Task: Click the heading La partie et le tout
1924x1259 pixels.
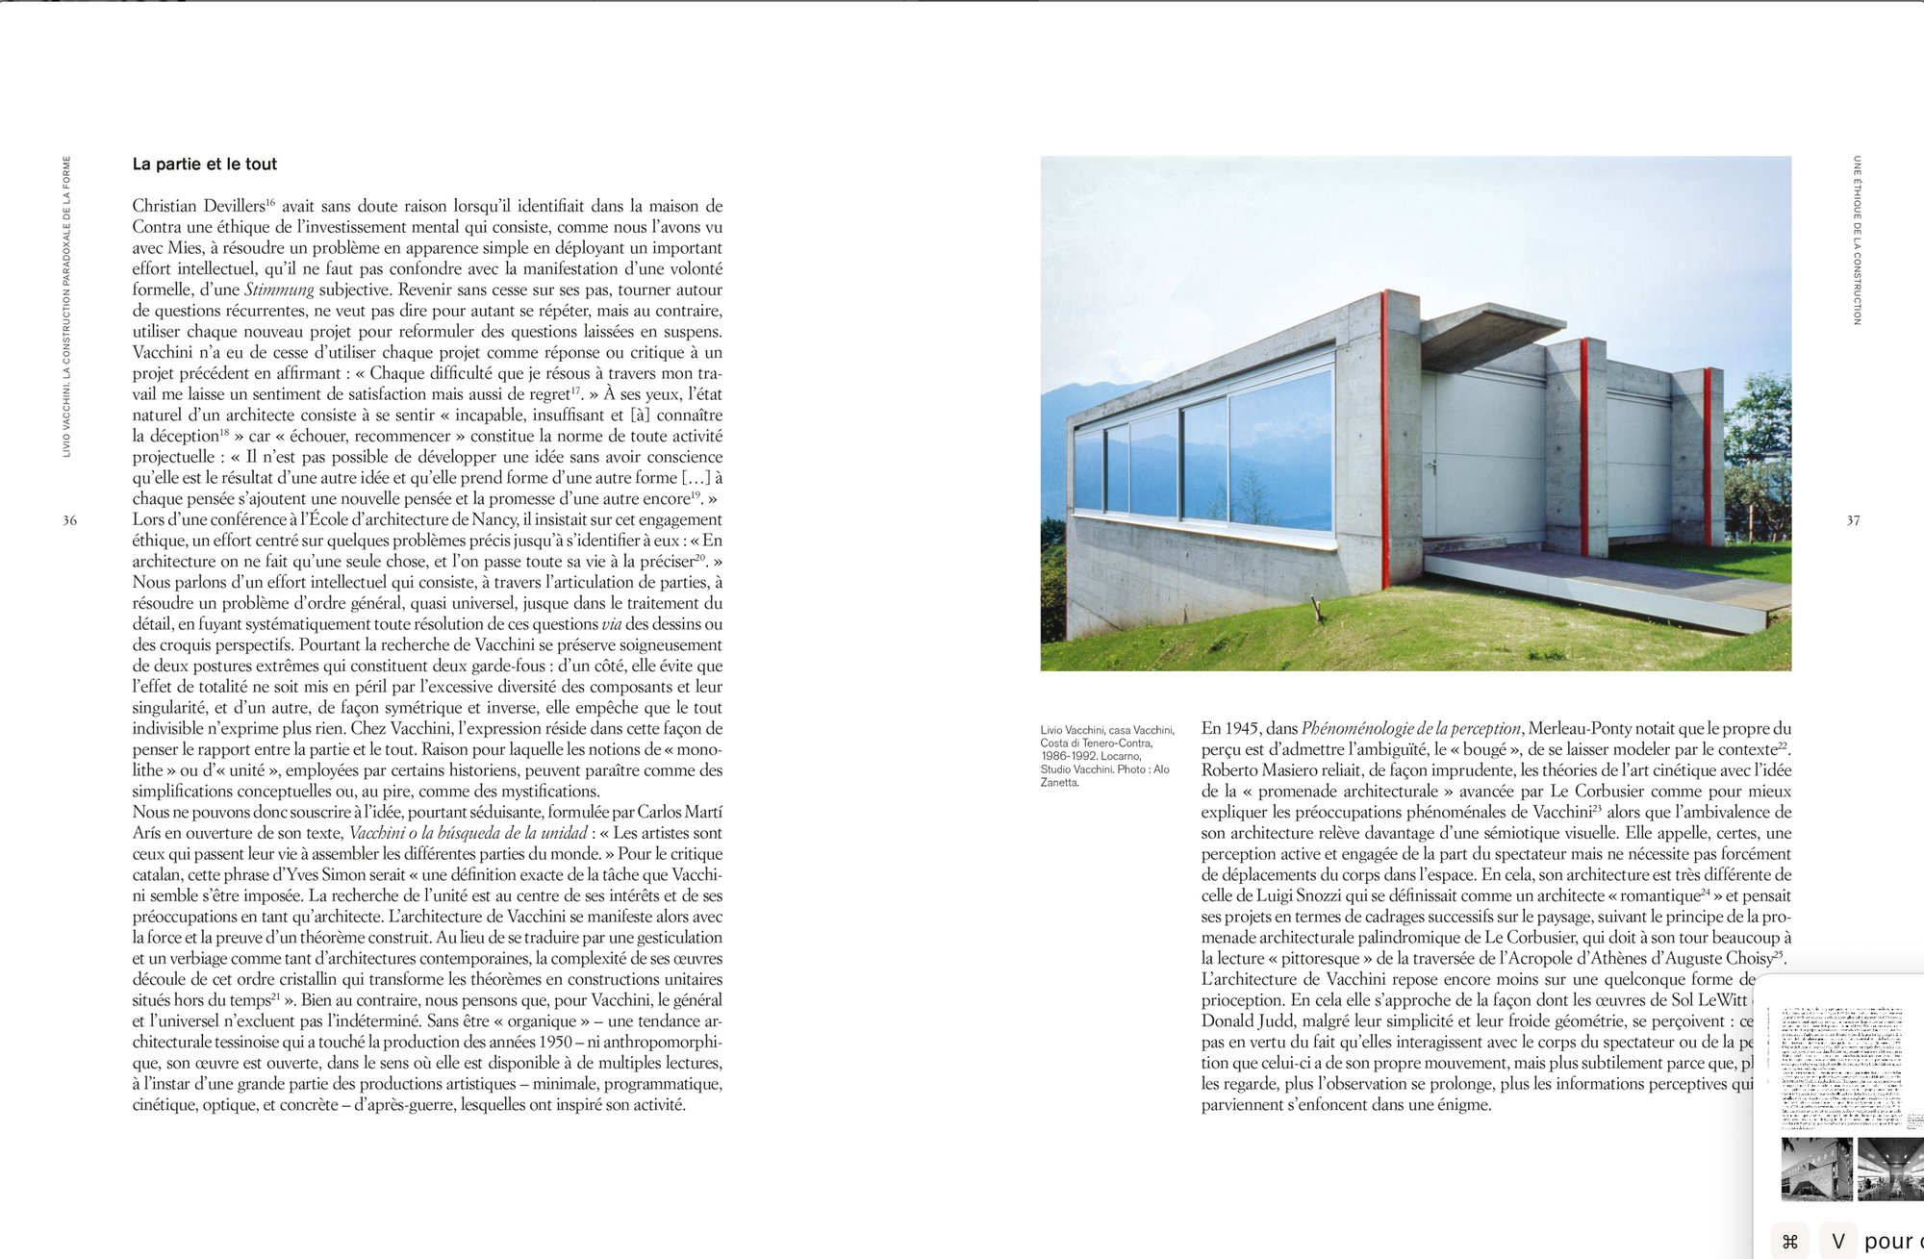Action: point(204,164)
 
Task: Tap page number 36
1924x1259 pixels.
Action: point(69,520)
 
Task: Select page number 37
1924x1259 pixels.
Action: point(1853,520)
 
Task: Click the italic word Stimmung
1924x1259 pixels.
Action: point(279,290)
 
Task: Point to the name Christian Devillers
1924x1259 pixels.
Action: point(198,206)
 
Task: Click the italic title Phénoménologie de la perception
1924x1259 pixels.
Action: point(1411,729)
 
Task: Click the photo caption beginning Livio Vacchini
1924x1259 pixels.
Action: point(1106,756)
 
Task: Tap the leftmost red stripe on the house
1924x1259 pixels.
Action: point(1385,439)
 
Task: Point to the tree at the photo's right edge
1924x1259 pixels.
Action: point(1759,442)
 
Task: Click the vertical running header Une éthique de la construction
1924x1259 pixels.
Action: point(1857,240)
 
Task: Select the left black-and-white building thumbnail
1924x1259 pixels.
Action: point(1816,1169)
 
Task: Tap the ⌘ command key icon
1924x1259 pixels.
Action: point(1789,1241)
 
